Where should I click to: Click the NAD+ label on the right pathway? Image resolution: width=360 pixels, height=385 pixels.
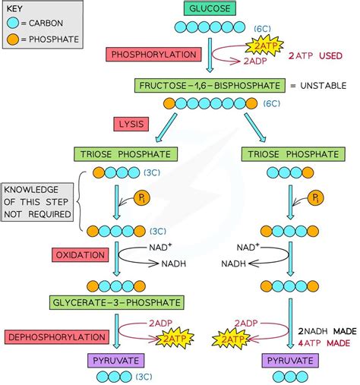(248, 247)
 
